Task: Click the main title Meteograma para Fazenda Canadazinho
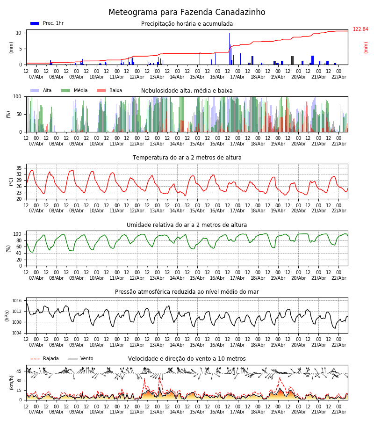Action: pos(187,13)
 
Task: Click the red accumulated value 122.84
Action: pos(360,29)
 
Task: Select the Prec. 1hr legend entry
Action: pos(47,23)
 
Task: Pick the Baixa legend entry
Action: pos(110,91)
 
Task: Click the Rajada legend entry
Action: pos(45,359)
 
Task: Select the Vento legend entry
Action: pos(81,359)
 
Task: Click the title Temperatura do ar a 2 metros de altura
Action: pos(187,158)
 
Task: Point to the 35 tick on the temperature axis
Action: pos(19,168)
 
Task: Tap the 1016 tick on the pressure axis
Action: pos(17,301)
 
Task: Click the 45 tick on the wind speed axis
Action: pos(19,371)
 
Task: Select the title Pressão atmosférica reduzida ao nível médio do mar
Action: pos(187,292)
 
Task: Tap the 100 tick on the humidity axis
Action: pos(18,234)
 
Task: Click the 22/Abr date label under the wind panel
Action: pos(338,412)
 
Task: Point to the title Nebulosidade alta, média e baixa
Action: pos(187,91)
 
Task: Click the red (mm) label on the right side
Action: pos(366,47)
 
